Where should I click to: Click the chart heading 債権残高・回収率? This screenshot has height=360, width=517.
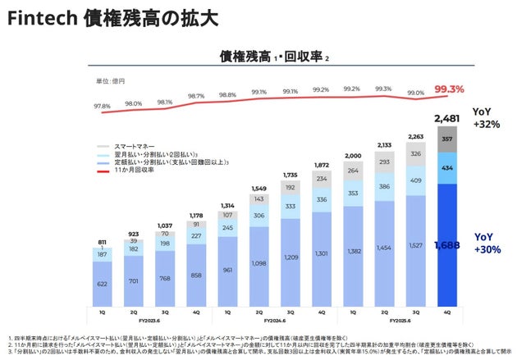coord(272,57)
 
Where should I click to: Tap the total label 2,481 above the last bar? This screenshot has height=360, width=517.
coord(447,119)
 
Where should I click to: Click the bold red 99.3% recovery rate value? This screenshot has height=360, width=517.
coord(450,89)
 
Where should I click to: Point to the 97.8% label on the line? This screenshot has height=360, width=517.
coord(103,106)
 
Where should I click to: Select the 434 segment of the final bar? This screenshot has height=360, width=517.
coord(447,168)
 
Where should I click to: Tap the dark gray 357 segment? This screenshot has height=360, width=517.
coord(447,139)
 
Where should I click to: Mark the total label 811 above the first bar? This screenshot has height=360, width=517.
coord(101,244)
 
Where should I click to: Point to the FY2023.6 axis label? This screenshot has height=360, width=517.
coord(149,321)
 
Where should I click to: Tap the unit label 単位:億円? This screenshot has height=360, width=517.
coord(111,80)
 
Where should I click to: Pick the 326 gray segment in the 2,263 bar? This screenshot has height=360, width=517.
coord(416,153)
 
